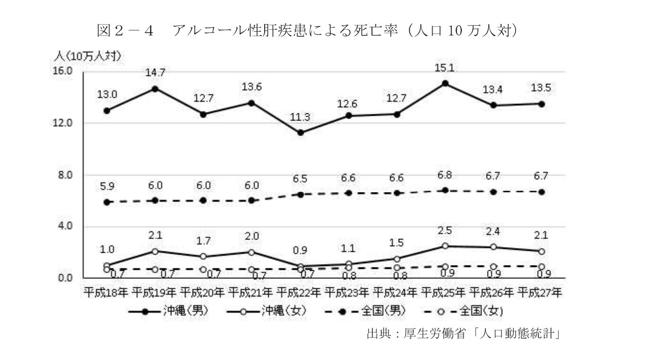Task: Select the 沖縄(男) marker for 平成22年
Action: click(300, 133)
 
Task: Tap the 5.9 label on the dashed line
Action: click(107, 187)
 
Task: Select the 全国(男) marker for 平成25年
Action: click(444, 190)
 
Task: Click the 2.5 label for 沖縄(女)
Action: click(444, 231)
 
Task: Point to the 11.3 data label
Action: click(300, 118)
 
